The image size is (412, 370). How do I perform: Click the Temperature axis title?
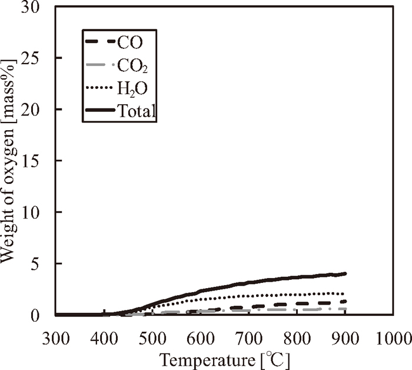tap(225, 358)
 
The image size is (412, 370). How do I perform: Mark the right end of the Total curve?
tap(345, 273)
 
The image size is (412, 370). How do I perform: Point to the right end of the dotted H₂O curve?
tap(345, 293)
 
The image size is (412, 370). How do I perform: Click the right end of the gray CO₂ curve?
tap(345, 309)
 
